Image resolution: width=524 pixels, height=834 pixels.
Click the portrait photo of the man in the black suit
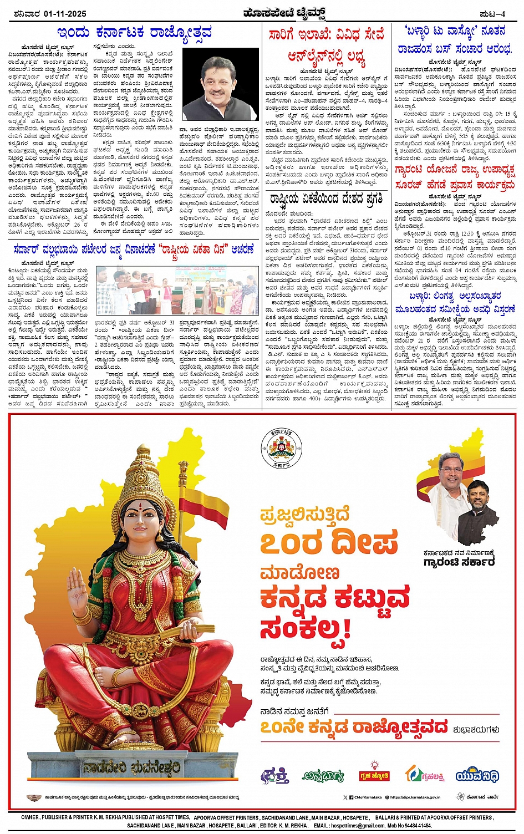coord(220,84)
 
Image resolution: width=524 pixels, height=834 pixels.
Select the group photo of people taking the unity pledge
coord(177,291)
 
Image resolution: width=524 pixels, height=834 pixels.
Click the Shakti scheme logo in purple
coord(274,775)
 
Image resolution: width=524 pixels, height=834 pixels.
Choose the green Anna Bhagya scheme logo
coord(323,776)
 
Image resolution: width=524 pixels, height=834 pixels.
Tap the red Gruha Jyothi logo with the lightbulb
coord(374,775)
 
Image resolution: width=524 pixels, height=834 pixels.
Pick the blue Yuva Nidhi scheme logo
coord(477,775)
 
